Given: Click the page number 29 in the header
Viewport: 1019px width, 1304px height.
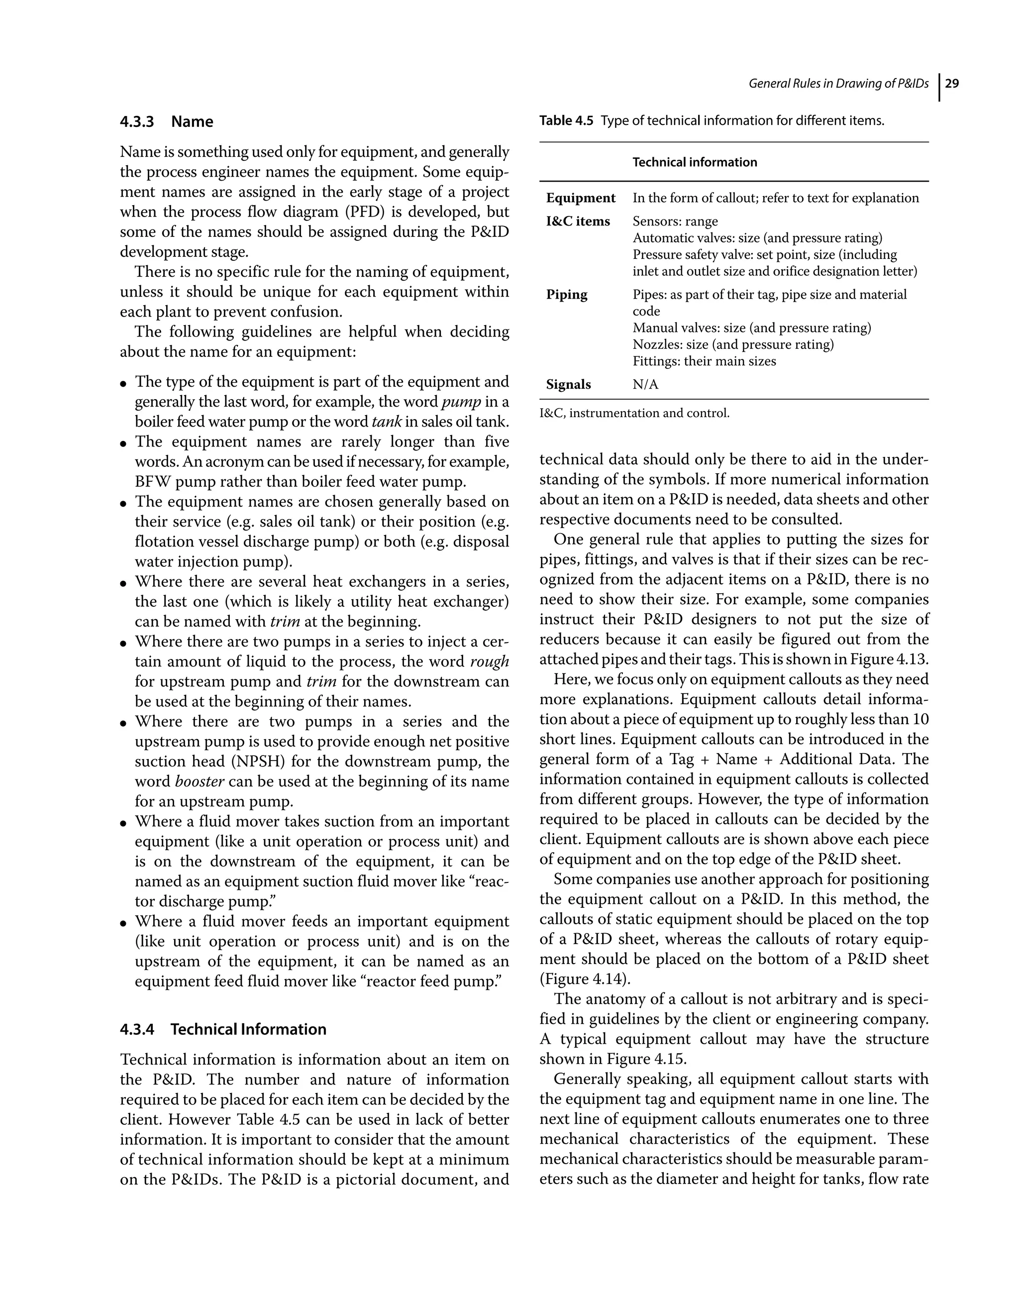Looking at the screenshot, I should tap(952, 84).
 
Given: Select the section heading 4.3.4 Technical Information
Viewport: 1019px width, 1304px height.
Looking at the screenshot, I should tap(223, 1029).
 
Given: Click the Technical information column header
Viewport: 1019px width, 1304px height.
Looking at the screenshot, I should tap(694, 162).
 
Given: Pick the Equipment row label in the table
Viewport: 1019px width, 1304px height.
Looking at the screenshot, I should tap(580, 198).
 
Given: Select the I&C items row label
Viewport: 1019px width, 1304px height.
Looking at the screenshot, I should tap(578, 221).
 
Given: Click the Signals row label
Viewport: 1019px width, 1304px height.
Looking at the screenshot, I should tap(568, 385).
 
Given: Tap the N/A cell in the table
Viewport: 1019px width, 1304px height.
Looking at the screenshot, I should tap(645, 385).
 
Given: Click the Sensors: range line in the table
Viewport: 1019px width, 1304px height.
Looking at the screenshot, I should tap(675, 221).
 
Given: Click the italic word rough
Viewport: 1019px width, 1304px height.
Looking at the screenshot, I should tap(490, 661).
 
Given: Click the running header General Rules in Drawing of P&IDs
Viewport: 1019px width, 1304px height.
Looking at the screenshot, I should tap(838, 84).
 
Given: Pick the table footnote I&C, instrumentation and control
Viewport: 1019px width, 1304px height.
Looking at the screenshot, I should tap(634, 413).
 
